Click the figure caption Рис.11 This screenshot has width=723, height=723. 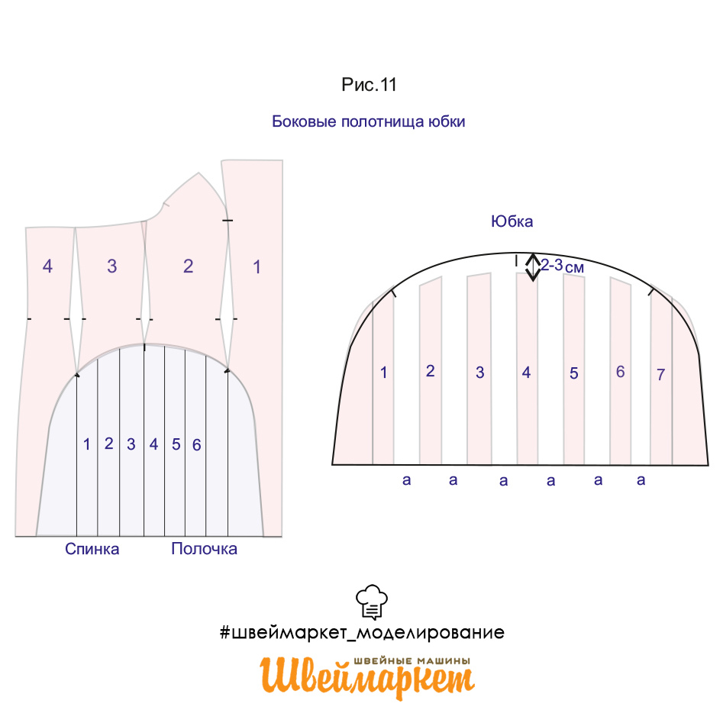[369, 85]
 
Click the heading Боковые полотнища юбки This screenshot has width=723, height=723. [369, 121]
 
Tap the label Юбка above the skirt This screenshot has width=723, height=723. [512, 221]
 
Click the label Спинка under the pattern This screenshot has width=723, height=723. [92, 549]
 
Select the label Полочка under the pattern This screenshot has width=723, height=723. [205, 549]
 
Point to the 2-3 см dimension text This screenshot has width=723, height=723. [563, 266]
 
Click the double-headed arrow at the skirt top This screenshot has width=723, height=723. [533, 267]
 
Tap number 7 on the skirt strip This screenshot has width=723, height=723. [660, 374]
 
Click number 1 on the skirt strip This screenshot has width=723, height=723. [383, 373]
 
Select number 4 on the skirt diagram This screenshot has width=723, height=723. [526, 373]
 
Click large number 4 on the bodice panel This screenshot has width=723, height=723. [47, 266]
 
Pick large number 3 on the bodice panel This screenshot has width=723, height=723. [112, 266]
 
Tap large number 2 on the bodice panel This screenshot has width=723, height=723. [188, 266]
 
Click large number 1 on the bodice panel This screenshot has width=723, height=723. [257, 267]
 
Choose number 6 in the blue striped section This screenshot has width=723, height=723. [196, 445]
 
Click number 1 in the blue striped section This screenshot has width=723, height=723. [87, 444]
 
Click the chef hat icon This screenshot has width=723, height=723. [372, 602]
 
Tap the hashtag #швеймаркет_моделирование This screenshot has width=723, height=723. [362, 632]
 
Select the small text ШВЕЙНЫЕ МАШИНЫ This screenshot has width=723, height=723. [412, 661]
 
